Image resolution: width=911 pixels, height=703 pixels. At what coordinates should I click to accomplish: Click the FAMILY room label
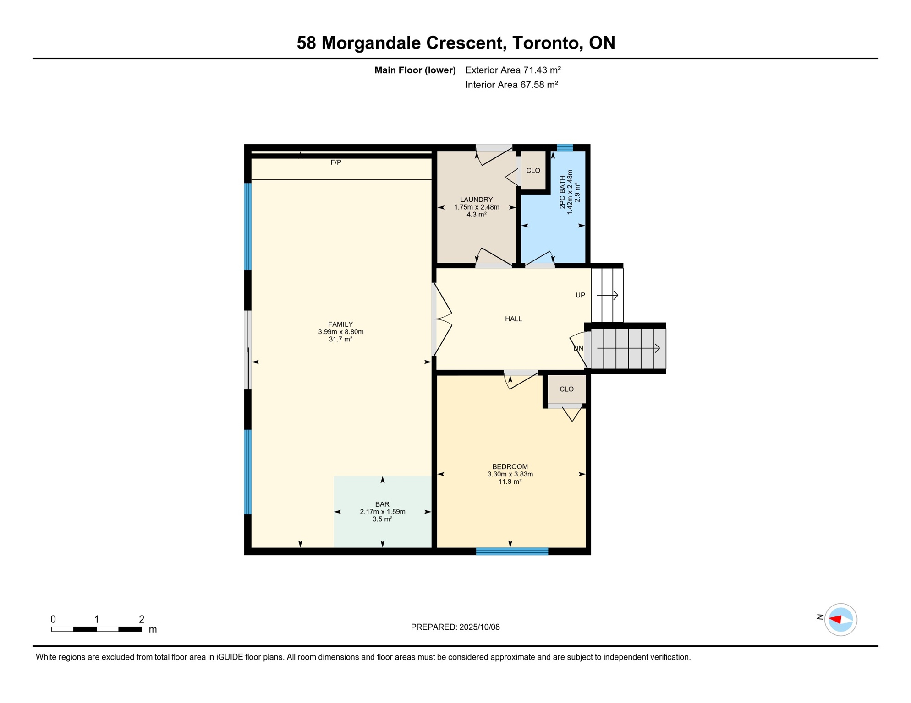[x=340, y=324]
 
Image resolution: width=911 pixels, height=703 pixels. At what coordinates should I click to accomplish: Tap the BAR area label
[x=382, y=504]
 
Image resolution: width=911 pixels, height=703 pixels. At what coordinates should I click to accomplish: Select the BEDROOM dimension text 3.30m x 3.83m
[x=510, y=474]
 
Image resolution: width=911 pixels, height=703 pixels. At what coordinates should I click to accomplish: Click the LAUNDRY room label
[x=476, y=200]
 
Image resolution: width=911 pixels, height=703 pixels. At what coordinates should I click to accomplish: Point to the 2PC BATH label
[x=563, y=192]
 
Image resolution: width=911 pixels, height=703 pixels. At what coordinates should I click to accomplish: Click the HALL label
[x=513, y=319]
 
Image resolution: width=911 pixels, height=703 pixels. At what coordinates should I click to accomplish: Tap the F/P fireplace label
[x=336, y=162]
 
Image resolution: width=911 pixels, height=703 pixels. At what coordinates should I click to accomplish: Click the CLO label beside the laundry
[x=533, y=170]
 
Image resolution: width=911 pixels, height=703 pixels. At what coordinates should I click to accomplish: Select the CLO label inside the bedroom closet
[x=566, y=389]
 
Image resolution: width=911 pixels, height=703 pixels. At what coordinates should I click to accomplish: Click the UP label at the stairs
[x=580, y=295]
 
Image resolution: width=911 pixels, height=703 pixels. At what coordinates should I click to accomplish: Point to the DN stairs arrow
[x=628, y=349]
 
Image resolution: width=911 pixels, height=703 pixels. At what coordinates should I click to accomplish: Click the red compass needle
[x=835, y=620]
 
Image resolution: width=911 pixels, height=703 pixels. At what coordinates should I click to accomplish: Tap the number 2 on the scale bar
[x=142, y=619]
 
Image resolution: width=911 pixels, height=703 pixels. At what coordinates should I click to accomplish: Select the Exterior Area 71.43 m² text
[x=513, y=70]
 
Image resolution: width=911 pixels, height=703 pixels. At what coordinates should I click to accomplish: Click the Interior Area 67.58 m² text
[x=511, y=85]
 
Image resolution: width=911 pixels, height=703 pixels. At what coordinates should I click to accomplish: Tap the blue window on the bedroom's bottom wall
[x=512, y=552]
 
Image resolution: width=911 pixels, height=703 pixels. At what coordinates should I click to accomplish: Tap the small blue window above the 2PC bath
[x=565, y=148]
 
